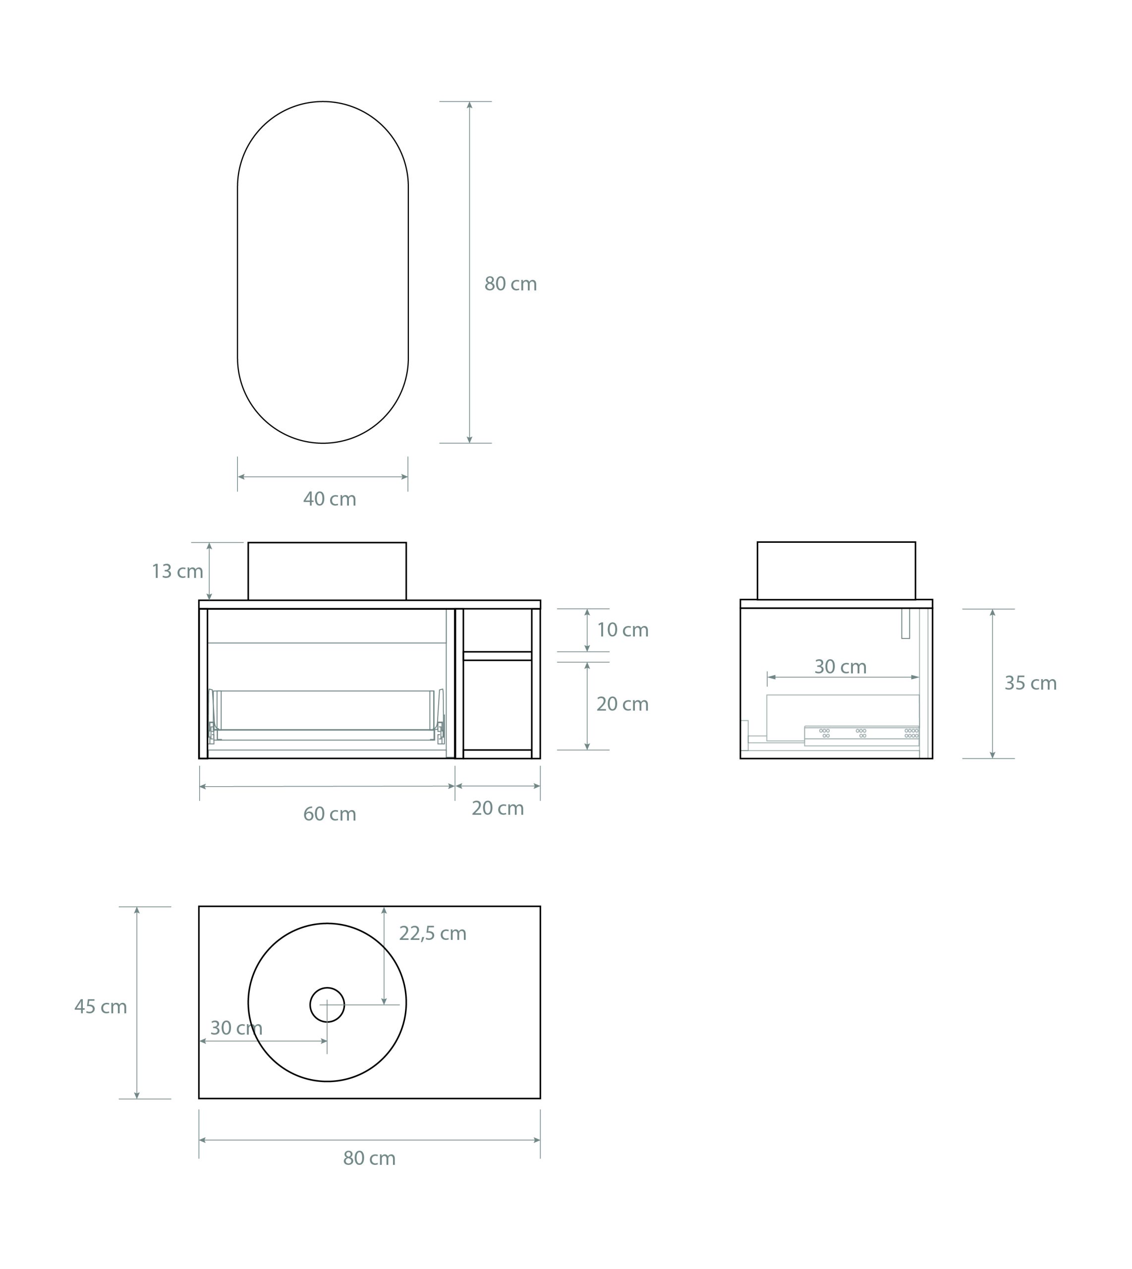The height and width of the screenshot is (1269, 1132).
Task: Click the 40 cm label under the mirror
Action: (x=330, y=500)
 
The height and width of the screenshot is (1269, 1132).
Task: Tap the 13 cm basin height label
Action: (x=178, y=572)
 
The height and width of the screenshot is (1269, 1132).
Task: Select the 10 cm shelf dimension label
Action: (x=623, y=630)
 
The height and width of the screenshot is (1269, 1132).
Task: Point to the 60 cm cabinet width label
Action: (x=330, y=814)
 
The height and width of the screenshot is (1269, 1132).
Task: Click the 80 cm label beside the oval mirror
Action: (x=510, y=284)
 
